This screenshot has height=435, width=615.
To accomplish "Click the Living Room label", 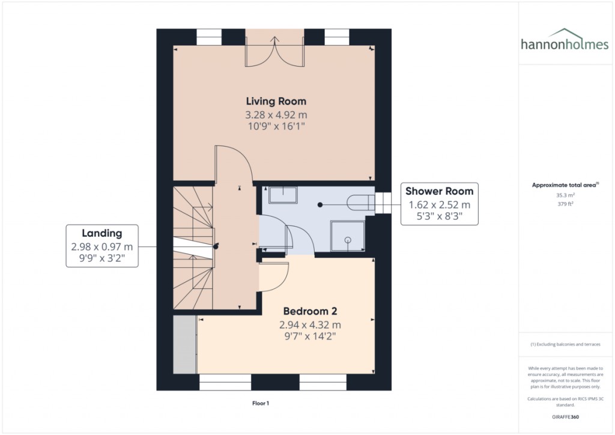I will [x=276, y=101].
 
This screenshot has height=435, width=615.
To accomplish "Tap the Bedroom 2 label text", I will [x=310, y=311].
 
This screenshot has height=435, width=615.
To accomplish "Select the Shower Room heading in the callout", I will [x=439, y=191].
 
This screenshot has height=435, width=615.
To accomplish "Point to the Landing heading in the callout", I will [x=102, y=233].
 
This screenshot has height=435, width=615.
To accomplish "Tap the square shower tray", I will [x=348, y=236].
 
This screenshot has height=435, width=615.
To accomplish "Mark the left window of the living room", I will [x=209, y=37].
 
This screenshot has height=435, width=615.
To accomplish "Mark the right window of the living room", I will [x=337, y=37].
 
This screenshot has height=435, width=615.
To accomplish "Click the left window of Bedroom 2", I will [x=225, y=382].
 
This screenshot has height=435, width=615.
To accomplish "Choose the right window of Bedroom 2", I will [x=323, y=382].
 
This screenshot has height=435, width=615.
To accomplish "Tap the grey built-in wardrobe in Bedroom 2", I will [x=184, y=345].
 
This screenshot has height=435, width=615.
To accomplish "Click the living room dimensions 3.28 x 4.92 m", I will [x=276, y=115].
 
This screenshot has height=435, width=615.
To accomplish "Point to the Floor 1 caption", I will [x=261, y=403].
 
